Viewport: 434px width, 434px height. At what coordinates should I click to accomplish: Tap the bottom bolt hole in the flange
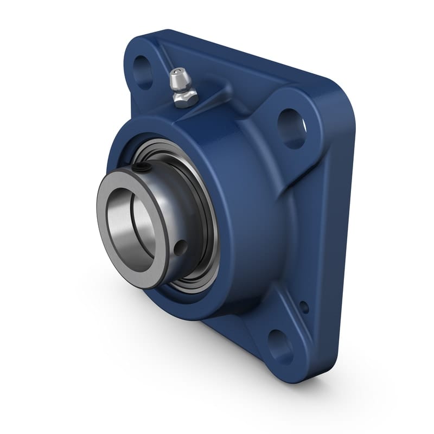click(281, 346)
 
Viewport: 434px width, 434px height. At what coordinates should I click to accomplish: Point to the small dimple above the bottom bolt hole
click(304, 307)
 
